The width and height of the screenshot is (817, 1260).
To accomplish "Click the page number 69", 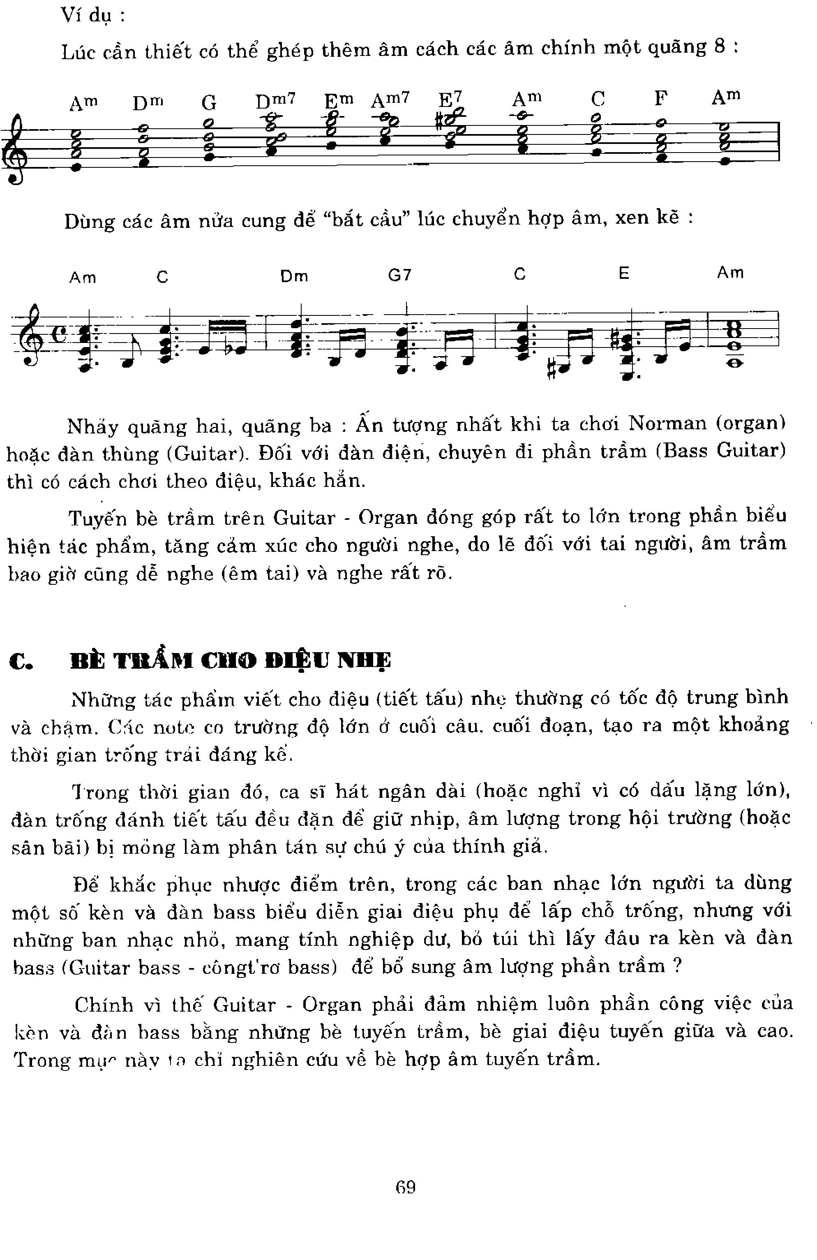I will [x=405, y=1188].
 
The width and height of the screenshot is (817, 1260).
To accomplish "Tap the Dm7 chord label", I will [x=275, y=100].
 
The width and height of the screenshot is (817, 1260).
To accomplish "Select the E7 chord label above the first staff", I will [x=451, y=98].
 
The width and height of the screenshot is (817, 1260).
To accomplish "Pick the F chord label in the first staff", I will [x=660, y=98].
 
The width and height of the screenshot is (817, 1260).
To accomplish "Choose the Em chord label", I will [x=339, y=100].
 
